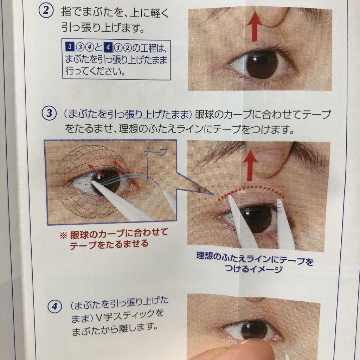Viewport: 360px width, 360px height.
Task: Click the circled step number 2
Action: pyautogui.click(x=46, y=12)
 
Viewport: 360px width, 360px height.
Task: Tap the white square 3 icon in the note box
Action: pyautogui.click(x=69, y=46)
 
